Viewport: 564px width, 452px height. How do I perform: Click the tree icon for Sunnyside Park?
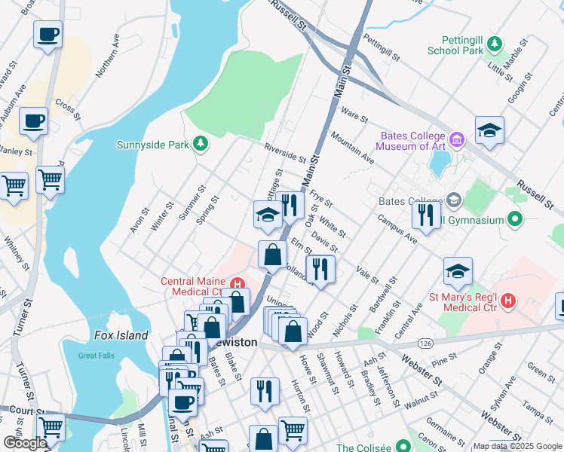200,143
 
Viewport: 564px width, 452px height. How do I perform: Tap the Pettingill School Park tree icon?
495,44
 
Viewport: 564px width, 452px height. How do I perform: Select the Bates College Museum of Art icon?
457,139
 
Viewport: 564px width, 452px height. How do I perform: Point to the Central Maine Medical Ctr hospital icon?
237,285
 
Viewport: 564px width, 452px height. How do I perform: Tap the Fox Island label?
121,336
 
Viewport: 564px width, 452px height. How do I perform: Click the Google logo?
25,443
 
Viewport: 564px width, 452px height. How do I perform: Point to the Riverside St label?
284,153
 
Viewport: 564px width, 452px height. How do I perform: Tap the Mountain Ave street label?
353,146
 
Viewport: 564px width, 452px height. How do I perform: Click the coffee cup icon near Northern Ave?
48,35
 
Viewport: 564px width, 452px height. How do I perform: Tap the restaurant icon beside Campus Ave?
426,215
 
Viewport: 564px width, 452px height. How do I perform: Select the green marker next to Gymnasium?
515,220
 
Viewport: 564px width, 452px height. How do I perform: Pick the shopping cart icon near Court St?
51,426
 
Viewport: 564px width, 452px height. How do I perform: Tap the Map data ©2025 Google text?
516,447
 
